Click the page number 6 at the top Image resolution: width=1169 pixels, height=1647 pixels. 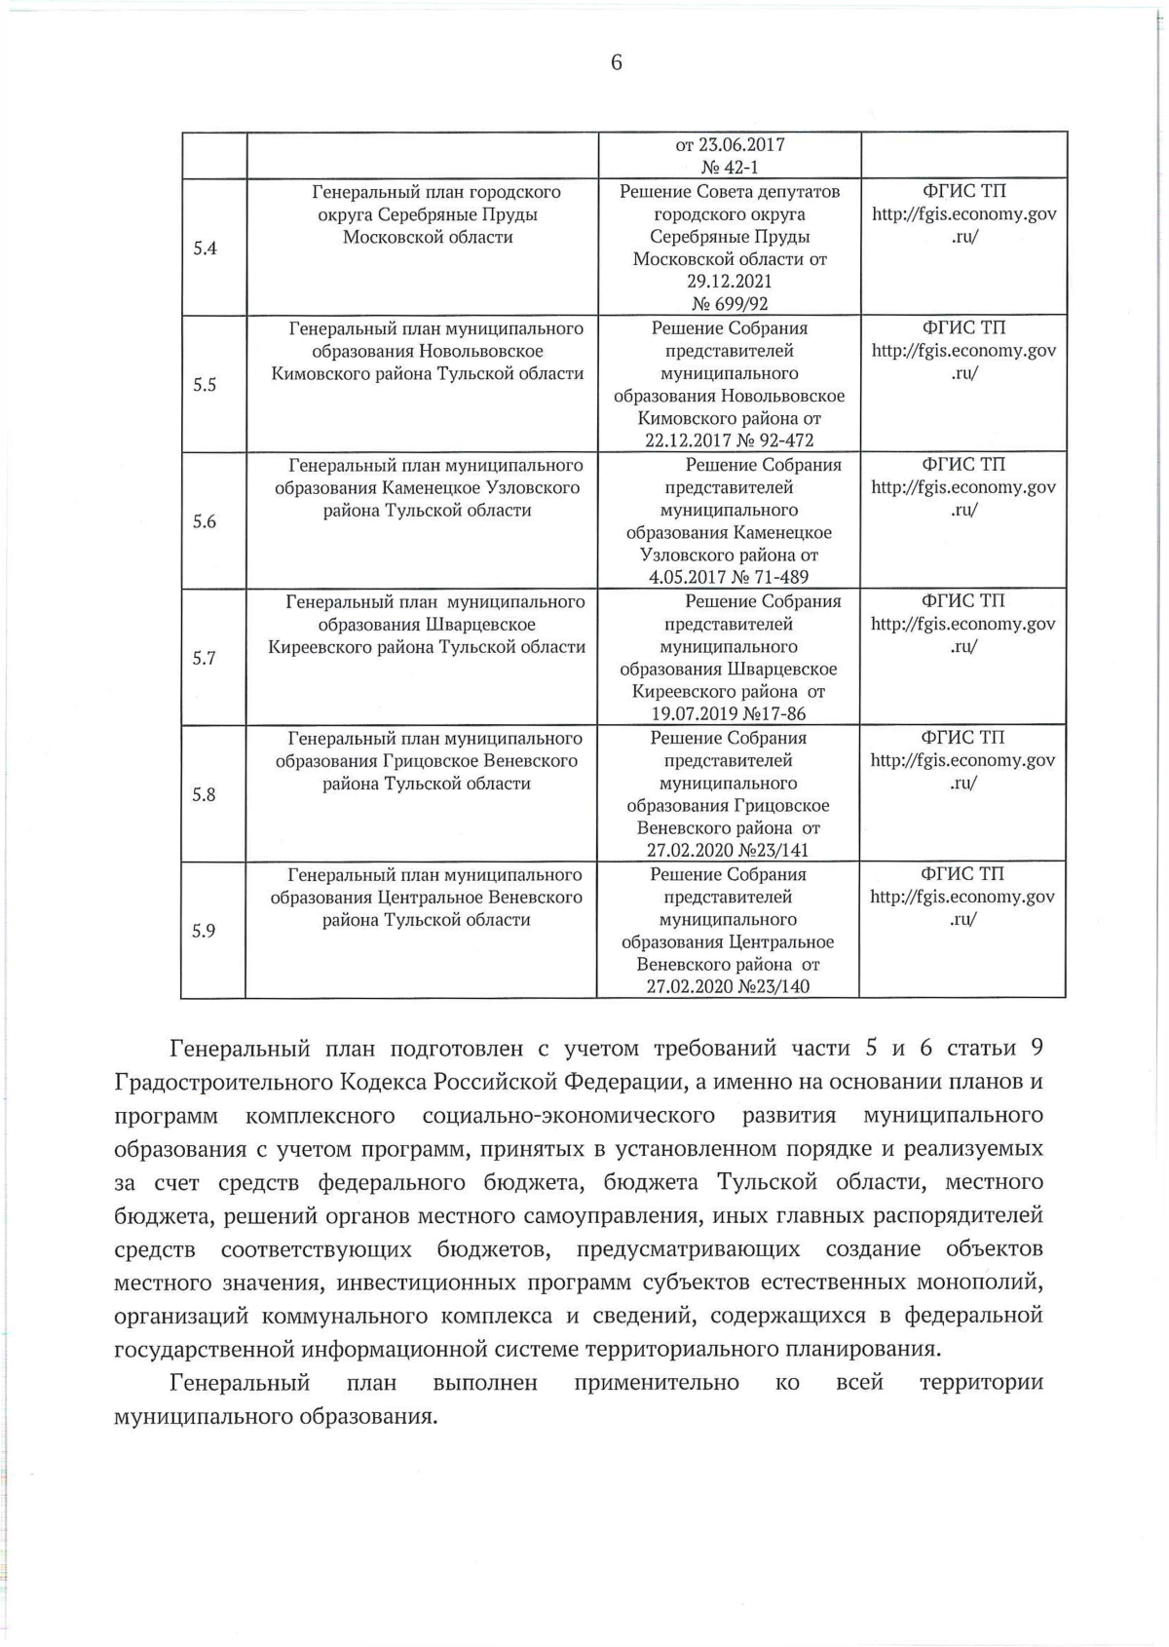[x=616, y=63]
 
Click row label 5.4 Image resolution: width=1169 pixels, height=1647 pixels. [x=205, y=248]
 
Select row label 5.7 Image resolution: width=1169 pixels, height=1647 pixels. [x=204, y=658]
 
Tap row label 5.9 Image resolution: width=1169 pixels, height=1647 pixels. [x=203, y=931]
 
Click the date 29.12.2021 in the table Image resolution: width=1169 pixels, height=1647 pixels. [x=729, y=282]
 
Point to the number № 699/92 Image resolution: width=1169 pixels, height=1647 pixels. [x=729, y=304]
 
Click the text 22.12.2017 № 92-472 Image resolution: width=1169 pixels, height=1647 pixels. [x=729, y=440]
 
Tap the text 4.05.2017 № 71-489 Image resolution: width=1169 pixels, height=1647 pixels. [x=729, y=577]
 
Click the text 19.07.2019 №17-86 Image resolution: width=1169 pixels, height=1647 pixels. [x=729, y=713]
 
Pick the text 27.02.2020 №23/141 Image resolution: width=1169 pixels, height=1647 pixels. [x=729, y=850]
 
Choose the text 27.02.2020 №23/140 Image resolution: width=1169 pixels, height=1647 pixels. [x=729, y=986]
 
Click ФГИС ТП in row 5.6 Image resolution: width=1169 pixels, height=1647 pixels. [x=963, y=465]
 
